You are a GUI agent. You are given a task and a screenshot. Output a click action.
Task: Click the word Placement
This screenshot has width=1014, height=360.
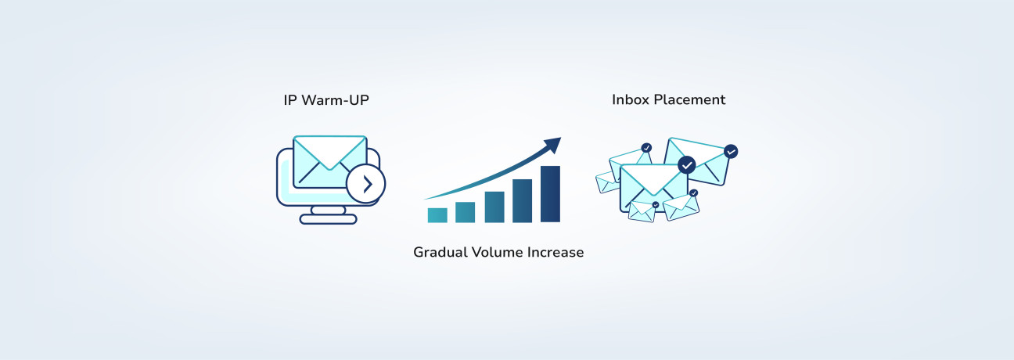(691, 99)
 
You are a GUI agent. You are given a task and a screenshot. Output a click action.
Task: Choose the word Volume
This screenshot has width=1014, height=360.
(500, 253)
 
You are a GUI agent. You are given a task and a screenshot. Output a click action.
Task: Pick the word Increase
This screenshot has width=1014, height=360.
(556, 253)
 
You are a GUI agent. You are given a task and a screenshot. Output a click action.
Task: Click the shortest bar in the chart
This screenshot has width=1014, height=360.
(437, 215)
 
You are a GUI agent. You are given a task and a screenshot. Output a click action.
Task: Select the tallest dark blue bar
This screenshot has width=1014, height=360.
(550, 194)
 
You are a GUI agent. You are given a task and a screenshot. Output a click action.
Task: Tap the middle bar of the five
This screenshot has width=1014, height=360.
(494, 207)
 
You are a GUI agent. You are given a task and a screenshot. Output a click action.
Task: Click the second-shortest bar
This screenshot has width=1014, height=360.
(466, 212)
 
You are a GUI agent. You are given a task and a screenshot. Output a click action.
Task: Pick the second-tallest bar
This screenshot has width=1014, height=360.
(522, 200)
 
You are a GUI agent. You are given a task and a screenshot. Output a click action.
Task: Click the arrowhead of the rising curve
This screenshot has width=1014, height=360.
(553, 144)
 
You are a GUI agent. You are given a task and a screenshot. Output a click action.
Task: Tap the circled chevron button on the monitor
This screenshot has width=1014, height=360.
(365, 184)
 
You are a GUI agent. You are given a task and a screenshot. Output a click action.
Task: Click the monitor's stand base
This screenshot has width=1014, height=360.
(328, 219)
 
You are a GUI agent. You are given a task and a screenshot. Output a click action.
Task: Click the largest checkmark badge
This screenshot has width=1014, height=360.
(686, 165)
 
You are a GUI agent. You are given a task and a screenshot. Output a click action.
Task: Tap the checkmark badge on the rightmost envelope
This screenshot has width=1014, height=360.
(731, 151)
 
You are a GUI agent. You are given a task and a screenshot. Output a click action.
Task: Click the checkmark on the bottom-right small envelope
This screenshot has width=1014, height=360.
(693, 193)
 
